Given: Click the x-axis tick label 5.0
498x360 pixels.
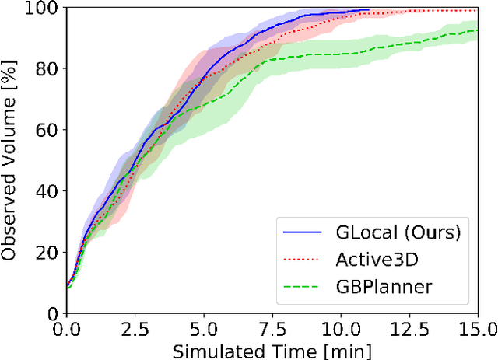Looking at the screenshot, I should coord(203,329).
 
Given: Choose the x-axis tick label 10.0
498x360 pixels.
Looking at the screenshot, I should coord(340,329).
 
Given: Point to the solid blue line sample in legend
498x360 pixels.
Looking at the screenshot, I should coord(302,232).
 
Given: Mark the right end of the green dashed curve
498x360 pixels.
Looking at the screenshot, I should coord(477,30).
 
